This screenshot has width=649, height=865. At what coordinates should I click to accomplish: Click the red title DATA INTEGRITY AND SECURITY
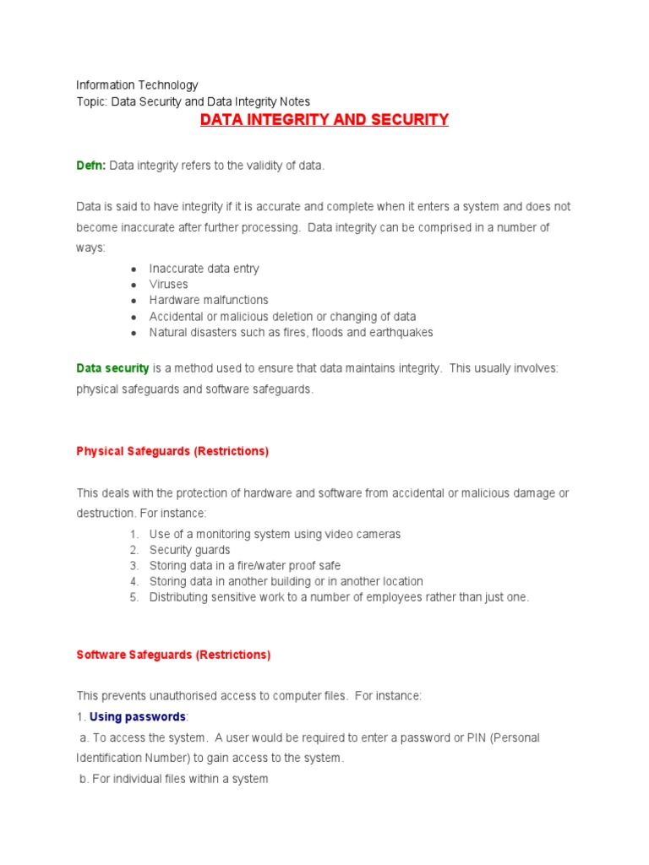pyautogui.click(x=324, y=120)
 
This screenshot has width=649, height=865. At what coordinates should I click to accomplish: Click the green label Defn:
pyautogui.click(x=91, y=166)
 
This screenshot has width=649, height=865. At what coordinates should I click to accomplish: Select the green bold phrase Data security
pyautogui.click(x=112, y=368)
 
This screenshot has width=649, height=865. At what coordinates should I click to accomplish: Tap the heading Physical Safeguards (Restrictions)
pyautogui.click(x=172, y=451)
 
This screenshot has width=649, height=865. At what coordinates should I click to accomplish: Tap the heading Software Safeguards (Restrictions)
pyautogui.click(x=173, y=655)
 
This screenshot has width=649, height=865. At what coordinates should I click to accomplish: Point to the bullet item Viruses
pyautogui.click(x=169, y=285)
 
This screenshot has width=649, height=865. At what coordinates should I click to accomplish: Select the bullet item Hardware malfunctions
pyautogui.click(x=209, y=300)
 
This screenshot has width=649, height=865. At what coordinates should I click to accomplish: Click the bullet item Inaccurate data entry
pyautogui.click(x=205, y=269)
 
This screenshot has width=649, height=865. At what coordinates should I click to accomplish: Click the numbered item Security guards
pyautogui.click(x=190, y=550)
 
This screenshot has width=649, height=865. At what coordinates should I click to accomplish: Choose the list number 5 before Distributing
pyautogui.click(x=134, y=597)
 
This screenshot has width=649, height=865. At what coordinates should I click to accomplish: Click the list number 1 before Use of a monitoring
pyautogui.click(x=134, y=534)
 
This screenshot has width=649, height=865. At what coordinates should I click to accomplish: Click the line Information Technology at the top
pyautogui.click(x=137, y=84)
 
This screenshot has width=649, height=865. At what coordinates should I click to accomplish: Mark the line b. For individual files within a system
pyautogui.click(x=173, y=779)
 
